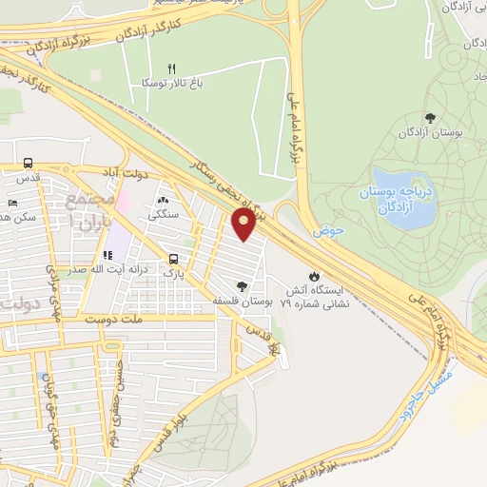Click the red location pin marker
click(x=243, y=225)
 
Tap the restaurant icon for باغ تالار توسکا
click(x=172, y=68)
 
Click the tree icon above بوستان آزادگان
click(x=431, y=118)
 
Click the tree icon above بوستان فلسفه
click(x=243, y=285)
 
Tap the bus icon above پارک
click(x=173, y=259)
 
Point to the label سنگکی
click(x=164, y=216)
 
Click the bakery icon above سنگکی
click(x=163, y=201)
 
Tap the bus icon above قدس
click(x=28, y=163)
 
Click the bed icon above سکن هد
click(x=11, y=203)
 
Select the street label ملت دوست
click(x=132, y=321)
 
